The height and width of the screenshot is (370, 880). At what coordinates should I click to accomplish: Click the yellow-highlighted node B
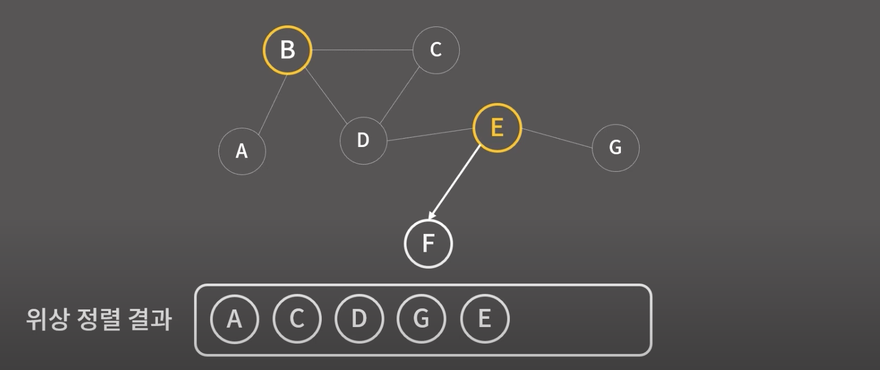pos(287,50)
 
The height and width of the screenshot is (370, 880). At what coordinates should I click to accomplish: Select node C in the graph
pos(436,50)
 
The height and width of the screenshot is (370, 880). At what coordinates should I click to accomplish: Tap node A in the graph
pos(242,151)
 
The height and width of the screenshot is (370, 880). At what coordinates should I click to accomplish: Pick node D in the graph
pos(363,140)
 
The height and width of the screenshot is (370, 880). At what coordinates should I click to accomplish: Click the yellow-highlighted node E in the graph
pos(497,128)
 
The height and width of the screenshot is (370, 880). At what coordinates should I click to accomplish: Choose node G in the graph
pos(615,148)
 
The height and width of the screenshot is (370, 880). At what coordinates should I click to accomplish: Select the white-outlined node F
pos(428,243)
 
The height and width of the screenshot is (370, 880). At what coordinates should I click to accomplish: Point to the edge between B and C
pos(362,50)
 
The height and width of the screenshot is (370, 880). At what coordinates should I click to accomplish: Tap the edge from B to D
pos(326,96)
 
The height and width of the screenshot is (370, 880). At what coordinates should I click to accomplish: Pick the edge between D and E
pos(430,134)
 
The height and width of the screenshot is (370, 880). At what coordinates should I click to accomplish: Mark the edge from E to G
pos(557,138)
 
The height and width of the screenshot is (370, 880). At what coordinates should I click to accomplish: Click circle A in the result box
pos(234,319)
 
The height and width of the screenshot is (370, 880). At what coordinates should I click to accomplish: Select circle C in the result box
pos(297,319)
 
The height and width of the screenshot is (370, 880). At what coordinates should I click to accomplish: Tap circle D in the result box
pos(359,319)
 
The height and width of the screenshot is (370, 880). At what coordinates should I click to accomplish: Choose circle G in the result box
pos(421,319)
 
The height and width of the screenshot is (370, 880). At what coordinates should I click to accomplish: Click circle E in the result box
pos(485,319)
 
